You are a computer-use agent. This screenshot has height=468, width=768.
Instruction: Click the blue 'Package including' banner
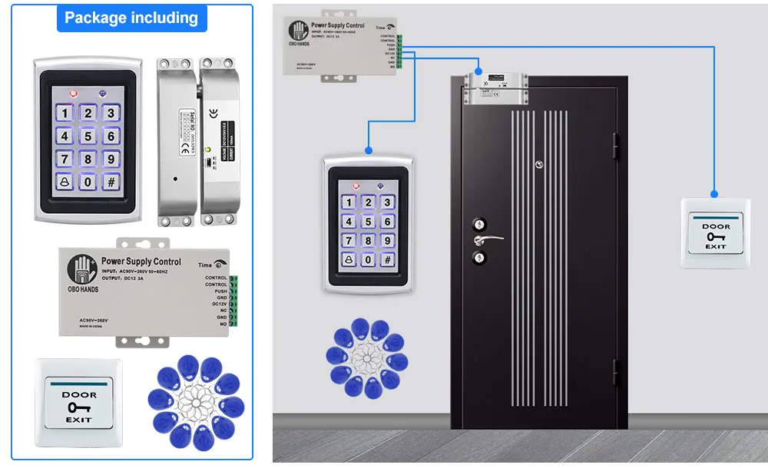(x=131, y=18)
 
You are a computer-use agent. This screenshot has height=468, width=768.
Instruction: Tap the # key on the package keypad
(x=111, y=182)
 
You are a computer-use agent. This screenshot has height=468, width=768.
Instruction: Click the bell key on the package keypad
(x=65, y=182)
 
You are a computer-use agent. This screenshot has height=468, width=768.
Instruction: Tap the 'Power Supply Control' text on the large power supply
(x=141, y=262)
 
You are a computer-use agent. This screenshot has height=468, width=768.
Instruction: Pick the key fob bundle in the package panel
(x=196, y=402)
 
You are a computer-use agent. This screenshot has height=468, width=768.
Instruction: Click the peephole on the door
(x=539, y=164)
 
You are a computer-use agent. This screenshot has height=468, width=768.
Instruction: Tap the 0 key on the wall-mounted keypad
(x=369, y=259)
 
